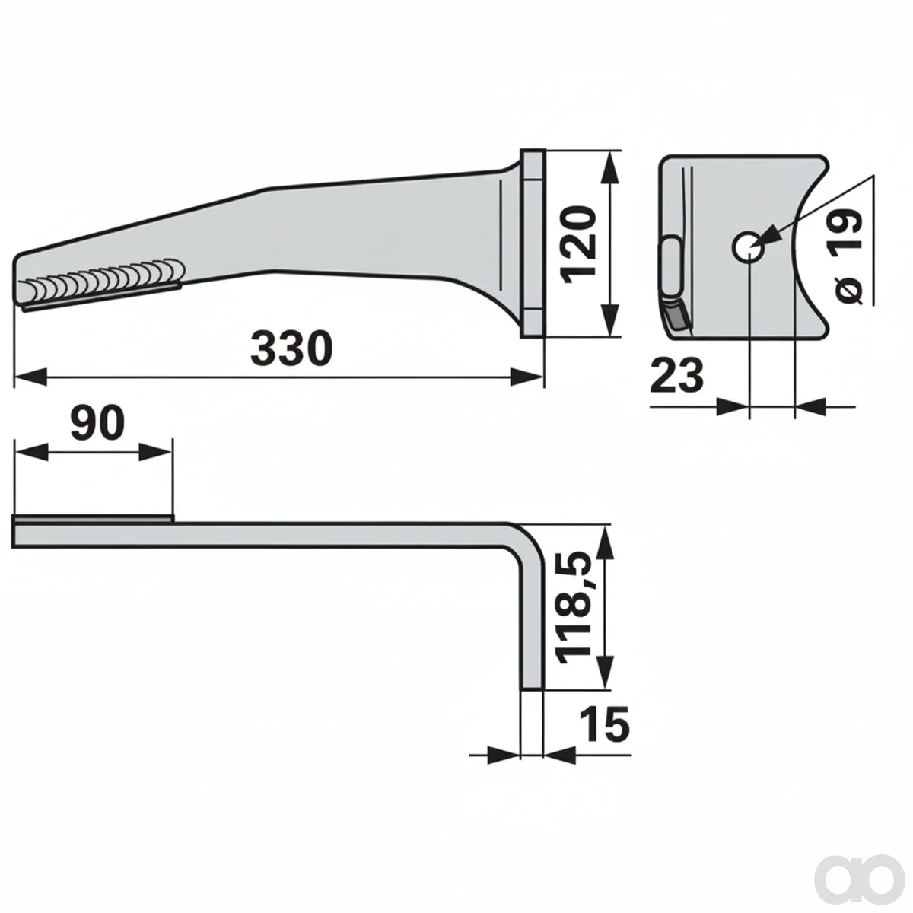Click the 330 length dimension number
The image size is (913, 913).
click(x=291, y=349)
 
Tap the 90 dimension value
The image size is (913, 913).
click(x=97, y=422)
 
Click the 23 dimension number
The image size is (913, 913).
click(x=676, y=375)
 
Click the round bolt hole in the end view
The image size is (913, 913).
click(x=748, y=247)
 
